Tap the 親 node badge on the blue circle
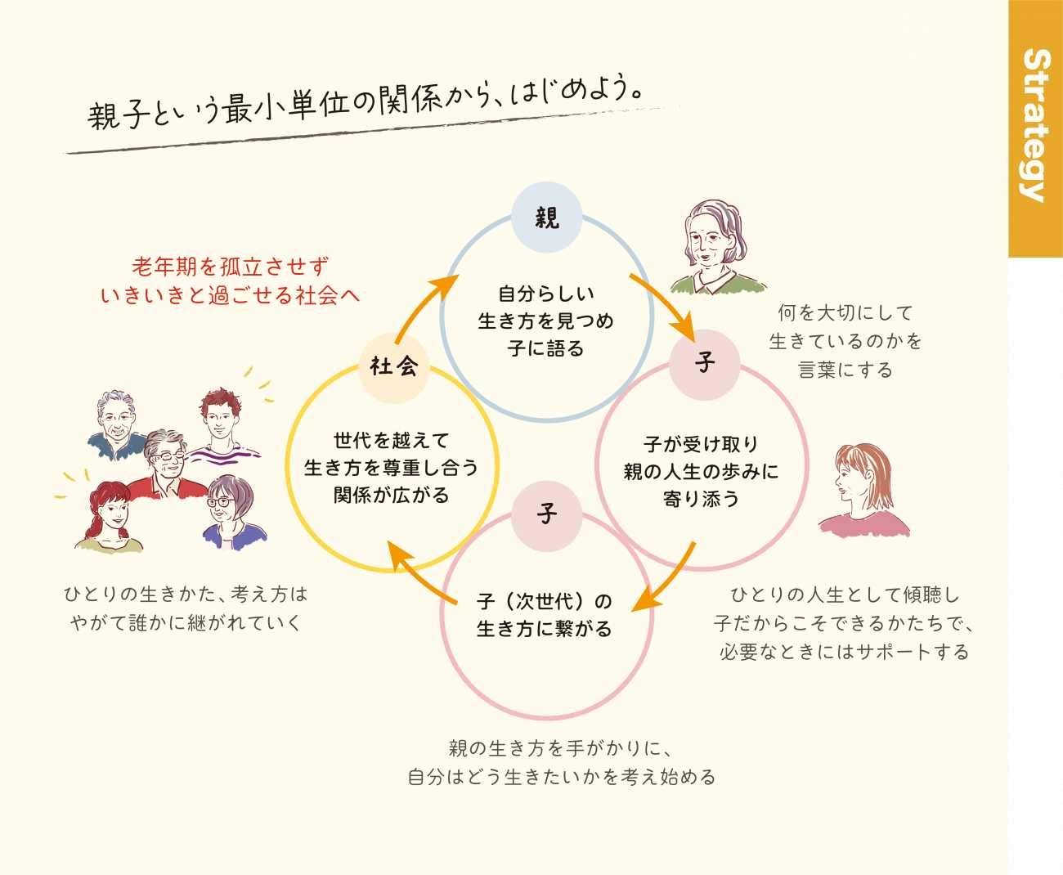[x=546, y=218]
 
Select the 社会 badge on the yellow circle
[x=393, y=366]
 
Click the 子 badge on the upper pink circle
[x=705, y=363]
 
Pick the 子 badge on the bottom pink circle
[x=546, y=514]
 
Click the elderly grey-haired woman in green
[x=715, y=245]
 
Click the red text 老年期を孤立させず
[x=230, y=267]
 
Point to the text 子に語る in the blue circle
[x=545, y=348]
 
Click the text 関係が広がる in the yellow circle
[x=391, y=495]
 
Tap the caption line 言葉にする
[x=845, y=370]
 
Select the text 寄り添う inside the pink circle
[x=701, y=499]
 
